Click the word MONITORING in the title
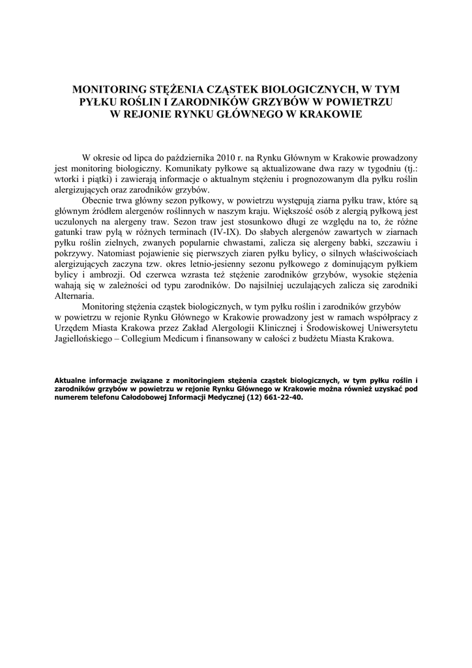pyautogui.click(x=110, y=89)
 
